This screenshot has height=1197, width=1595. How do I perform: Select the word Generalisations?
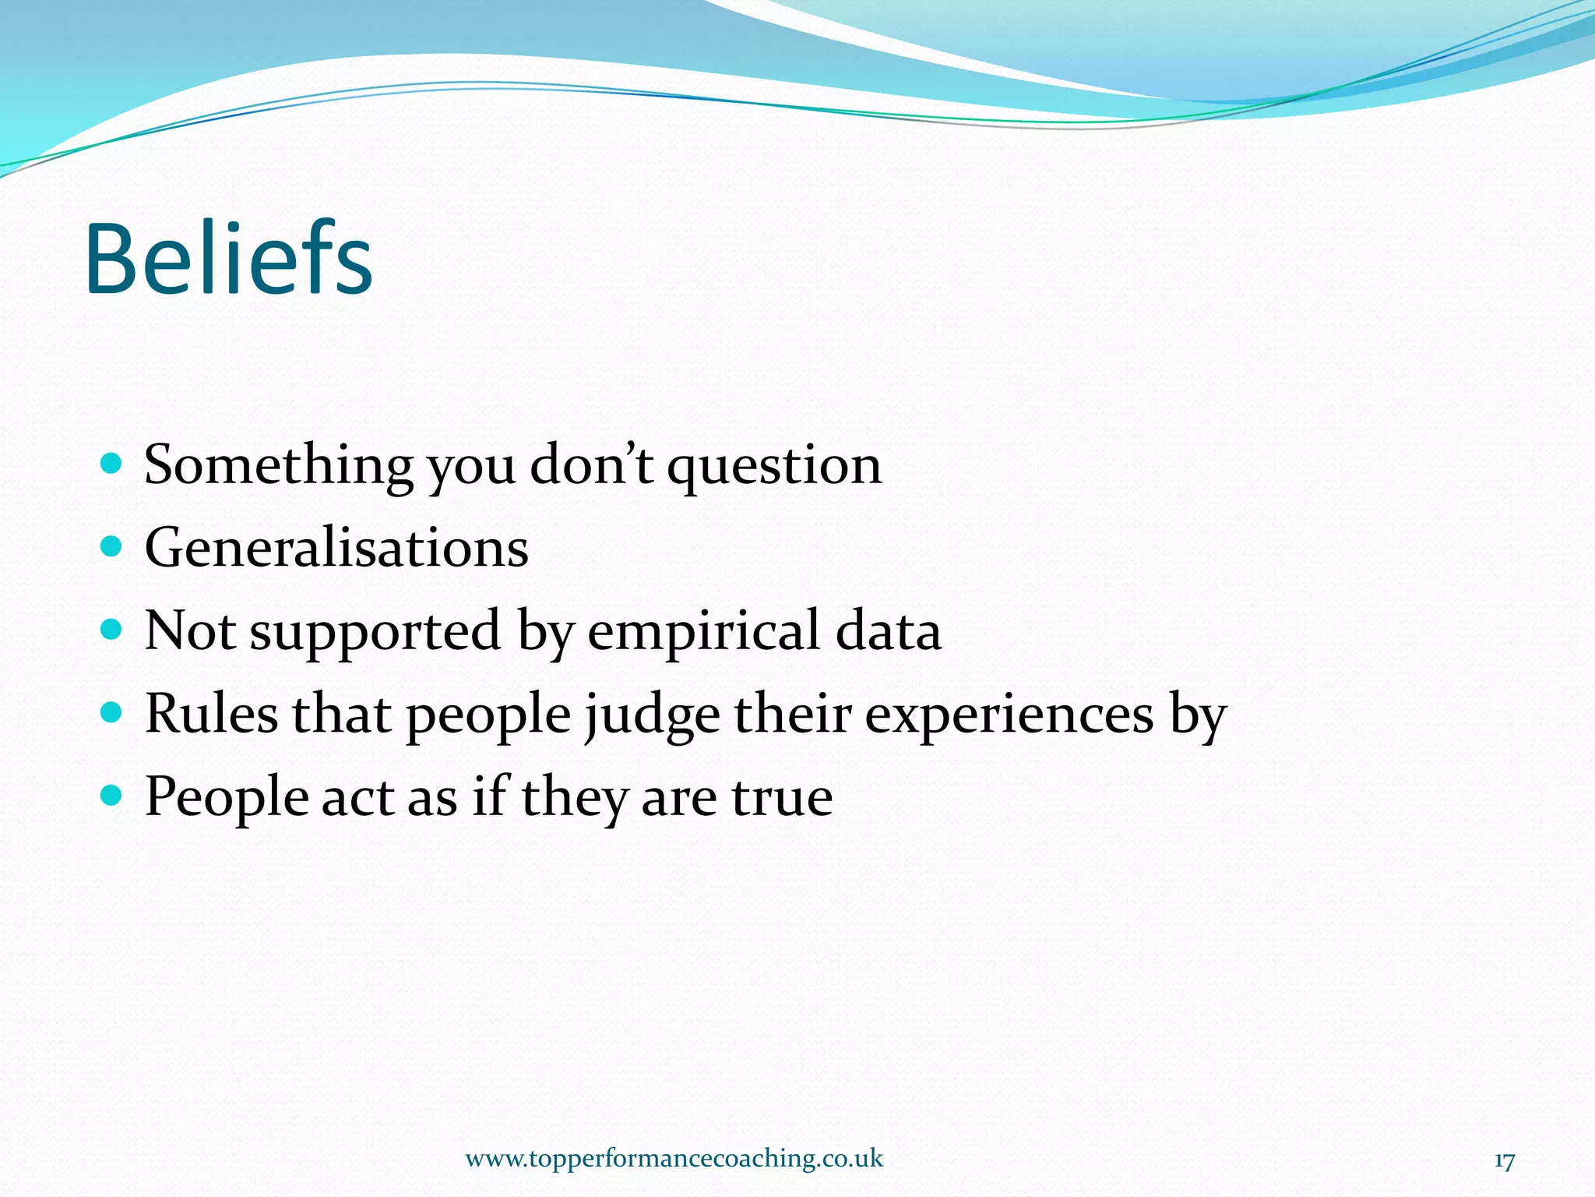pos(336,548)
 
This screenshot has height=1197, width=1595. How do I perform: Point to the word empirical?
pos(702,631)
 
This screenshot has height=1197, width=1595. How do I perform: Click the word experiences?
pos(1009,715)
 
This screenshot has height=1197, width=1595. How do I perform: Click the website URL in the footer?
pos(674,1158)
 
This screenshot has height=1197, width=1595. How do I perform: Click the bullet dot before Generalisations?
pos(112,546)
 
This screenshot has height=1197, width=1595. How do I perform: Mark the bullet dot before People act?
pos(112,796)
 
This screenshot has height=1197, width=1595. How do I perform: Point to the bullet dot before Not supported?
pos(112,630)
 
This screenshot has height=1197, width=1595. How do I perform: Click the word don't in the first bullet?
pos(590,466)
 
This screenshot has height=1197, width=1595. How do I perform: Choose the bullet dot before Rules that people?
pos(112,712)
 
